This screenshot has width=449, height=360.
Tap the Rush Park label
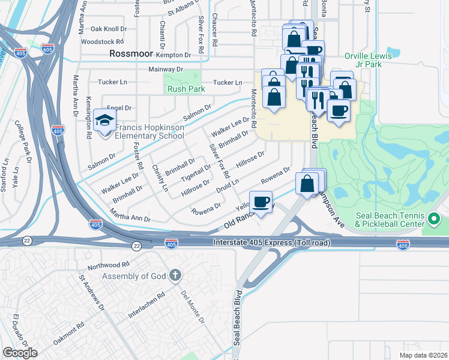(186, 89)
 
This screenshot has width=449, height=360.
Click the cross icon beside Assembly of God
(175, 276)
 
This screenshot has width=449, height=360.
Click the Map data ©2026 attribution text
(423, 355)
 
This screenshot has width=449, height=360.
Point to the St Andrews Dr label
(92, 293)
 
